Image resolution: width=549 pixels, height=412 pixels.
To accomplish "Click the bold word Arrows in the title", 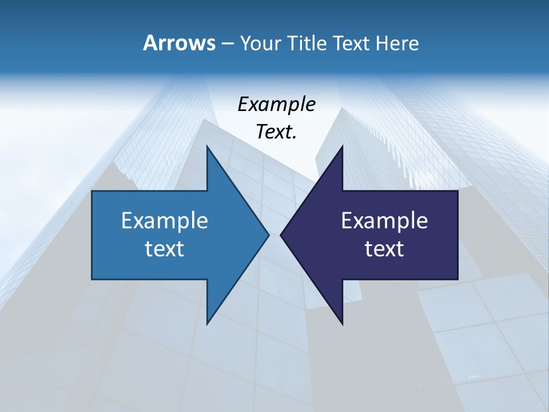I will point(178,43).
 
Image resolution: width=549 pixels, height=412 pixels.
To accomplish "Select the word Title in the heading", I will point(308,43).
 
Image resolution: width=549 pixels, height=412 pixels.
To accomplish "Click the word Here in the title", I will point(397,43).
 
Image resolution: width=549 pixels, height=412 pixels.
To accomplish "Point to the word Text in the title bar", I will point(352,43).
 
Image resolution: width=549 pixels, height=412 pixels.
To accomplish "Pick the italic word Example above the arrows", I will point(276,105).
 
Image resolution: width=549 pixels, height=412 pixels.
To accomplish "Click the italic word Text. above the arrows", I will point(276,132).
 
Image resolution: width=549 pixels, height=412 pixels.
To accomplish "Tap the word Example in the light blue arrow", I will point(165,221).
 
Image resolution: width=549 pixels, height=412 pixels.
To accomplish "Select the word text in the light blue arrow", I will point(165,249).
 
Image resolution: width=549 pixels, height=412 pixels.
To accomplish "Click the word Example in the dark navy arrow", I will point(384,221).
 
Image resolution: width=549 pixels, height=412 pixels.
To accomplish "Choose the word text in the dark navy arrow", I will point(384,249).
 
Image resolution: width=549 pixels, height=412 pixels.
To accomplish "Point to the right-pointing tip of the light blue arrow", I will point(269,235).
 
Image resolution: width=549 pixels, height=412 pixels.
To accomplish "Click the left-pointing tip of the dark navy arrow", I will point(281,235).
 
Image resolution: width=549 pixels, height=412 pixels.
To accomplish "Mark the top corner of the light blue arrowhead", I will point(207,146).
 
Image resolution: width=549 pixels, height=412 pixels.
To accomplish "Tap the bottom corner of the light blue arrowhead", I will point(207,324).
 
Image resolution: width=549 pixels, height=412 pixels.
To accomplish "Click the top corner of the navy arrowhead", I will point(343,146).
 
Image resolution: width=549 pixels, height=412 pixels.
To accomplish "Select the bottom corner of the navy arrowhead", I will point(343,324).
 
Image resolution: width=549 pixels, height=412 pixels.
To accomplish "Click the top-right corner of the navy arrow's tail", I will point(457,191).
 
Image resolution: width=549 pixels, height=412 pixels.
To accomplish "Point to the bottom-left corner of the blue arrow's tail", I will point(92,279).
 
